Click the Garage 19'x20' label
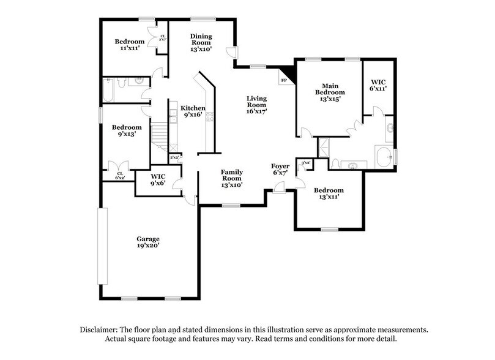click(x=148, y=242)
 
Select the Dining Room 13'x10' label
click(x=201, y=43)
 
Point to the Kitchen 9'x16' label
click(x=193, y=111)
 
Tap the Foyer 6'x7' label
click(x=280, y=170)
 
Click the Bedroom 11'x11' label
click(x=129, y=45)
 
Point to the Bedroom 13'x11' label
click(x=329, y=194)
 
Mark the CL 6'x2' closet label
click(x=120, y=175)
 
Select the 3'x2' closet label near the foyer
click(x=305, y=163)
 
